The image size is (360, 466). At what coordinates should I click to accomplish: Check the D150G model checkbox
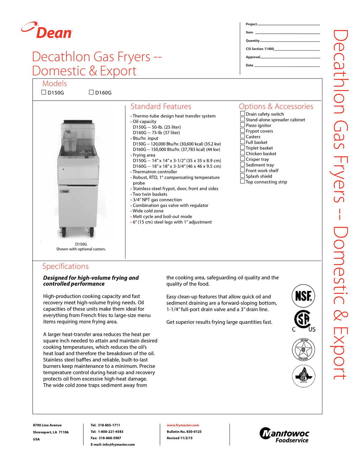pos(44,92)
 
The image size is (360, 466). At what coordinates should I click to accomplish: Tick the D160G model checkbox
pos(91,92)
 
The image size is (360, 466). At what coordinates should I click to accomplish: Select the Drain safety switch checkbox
pos(243,114)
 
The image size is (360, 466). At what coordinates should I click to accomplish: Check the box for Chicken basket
pos(243,153)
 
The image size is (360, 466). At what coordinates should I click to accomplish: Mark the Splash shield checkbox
pos(243,175)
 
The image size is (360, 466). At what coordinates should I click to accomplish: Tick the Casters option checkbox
pos(243,136)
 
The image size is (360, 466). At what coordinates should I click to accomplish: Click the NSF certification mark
pos(303,296)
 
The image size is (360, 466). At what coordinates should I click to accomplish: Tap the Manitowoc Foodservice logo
pos(284,435)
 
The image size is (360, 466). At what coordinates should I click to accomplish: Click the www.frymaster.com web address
pos(183,425)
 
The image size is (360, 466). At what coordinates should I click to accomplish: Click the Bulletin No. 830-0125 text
pos(184,432)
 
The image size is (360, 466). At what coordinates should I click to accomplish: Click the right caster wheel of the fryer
pos(92,232)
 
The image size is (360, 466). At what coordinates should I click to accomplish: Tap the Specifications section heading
pos(65,266)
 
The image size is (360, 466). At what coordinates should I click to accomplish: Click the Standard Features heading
pos(161,106)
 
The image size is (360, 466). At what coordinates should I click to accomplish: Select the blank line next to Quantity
pos(290,42)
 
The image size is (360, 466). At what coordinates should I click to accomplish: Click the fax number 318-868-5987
pos(110,438)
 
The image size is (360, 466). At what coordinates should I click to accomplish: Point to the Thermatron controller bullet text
pos(155,172)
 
